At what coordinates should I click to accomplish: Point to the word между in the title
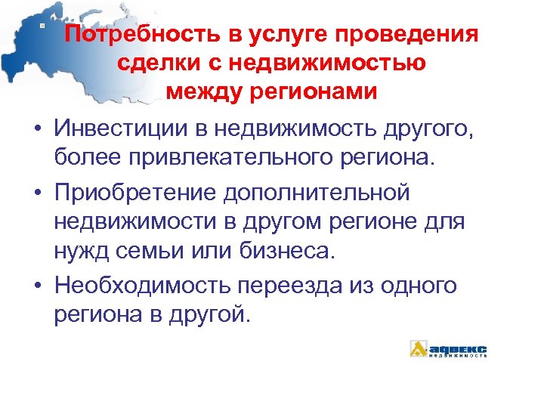point(200,91)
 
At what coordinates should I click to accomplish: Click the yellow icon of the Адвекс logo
point(418,348)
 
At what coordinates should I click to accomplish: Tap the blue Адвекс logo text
point(458,348)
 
